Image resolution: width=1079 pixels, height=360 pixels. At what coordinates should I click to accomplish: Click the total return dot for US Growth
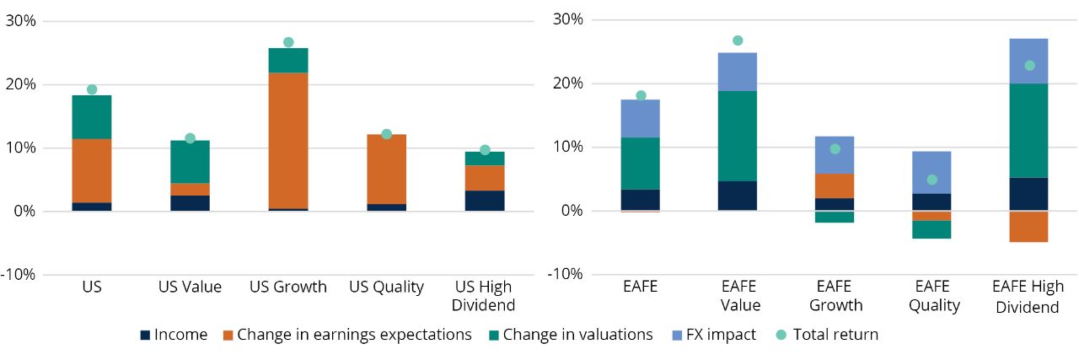[x=288, y=42]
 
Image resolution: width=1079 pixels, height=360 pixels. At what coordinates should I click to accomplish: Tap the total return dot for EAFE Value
[x=738, y=40]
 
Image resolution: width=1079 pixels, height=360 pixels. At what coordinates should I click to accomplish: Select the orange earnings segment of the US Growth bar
[x=288, y=140]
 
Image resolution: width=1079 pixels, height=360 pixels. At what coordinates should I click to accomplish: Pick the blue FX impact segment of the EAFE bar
[x=640, y=118]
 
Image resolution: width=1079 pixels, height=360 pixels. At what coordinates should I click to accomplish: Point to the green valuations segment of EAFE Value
[x=738, y=136]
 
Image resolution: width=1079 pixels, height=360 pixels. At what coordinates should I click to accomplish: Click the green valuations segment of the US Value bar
[x=190, y=162]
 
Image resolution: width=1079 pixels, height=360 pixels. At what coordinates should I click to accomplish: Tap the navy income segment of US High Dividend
[x=485, y=201]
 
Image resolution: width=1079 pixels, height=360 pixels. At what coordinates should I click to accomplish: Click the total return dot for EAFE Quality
[x=932, y=180]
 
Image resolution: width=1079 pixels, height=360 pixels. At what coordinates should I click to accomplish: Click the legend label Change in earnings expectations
[x=354, y=335]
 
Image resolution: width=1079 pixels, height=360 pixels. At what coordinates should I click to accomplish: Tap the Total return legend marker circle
[x=780, y=335]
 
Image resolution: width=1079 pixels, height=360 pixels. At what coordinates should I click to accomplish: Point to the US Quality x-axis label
[x=386, y=287]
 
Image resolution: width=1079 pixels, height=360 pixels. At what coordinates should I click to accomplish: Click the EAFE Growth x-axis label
[x=835, y=295]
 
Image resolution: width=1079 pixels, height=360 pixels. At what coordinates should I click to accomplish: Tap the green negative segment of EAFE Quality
[x=932, y=229]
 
